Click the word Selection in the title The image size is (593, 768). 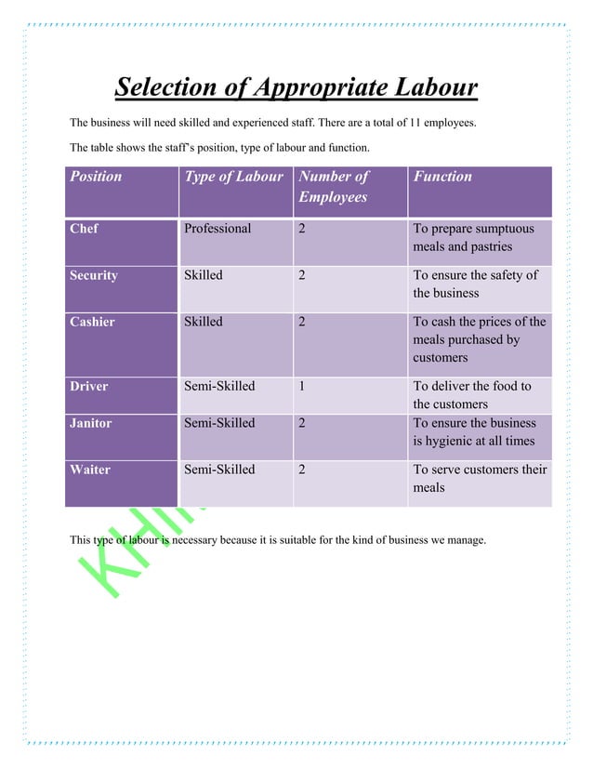164,88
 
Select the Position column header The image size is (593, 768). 96,176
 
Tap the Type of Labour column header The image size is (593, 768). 233,176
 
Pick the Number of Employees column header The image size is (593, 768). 334,186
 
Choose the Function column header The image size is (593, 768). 442,176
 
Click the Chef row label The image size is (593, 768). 84,229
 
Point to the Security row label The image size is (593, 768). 94,275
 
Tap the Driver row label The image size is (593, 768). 90,386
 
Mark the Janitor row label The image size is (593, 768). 91,423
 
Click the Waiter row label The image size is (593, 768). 90,470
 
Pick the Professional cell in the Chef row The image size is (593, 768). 217,229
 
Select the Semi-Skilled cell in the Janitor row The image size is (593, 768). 219,423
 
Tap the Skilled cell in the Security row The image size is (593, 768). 204,275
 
